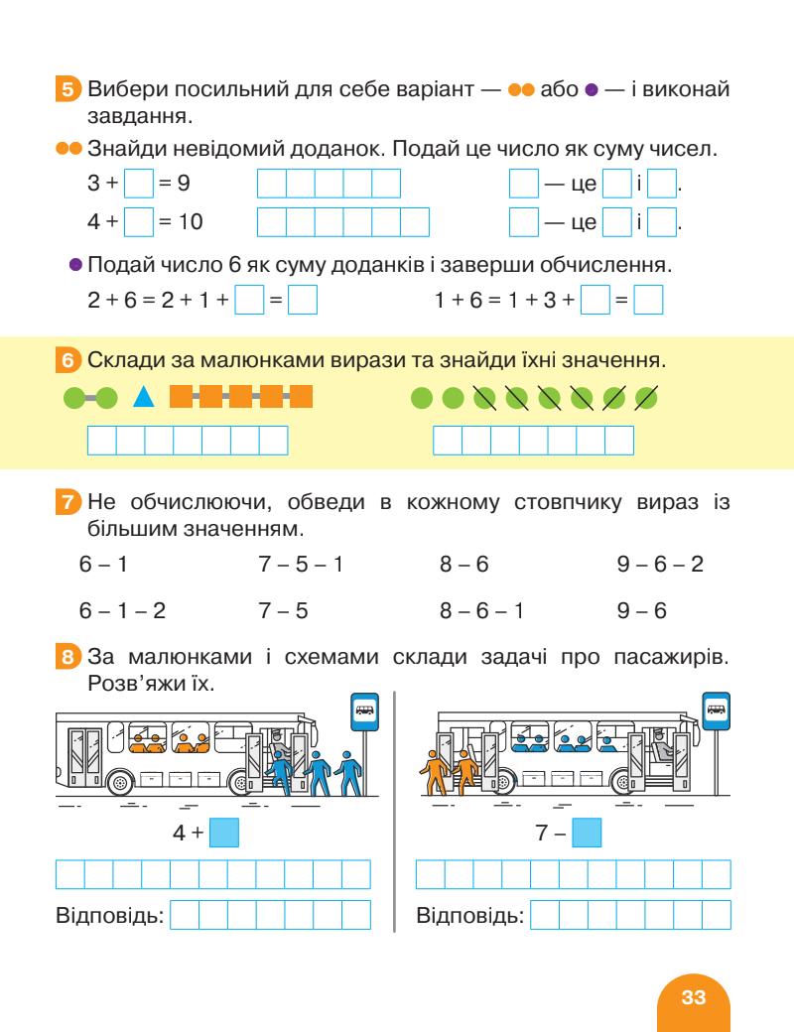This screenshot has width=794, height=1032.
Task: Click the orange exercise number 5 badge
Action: click(66, 91)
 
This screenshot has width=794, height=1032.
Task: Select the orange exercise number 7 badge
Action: click(66, 504)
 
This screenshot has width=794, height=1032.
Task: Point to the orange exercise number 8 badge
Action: click(66, 656)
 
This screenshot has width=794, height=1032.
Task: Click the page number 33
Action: click(693, 997)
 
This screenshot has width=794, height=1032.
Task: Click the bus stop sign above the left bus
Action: click(366, 710)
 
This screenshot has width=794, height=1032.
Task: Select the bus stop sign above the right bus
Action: click(717, 710)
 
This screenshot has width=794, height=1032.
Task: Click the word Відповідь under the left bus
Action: click(109, 914)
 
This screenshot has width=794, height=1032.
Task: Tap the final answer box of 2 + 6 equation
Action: click(303, 300)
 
